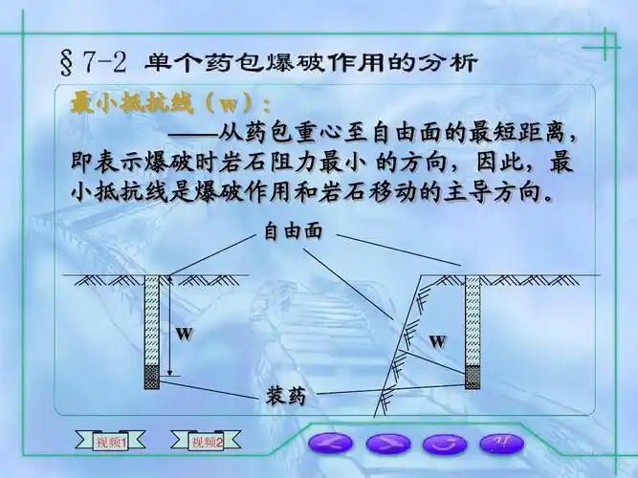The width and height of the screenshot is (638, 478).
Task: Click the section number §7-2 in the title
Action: point(94,63)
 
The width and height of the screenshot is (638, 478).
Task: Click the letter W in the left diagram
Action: point(185,336)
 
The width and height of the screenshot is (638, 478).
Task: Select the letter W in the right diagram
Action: point(436,339)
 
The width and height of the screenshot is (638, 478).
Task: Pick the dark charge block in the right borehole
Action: point(473,376)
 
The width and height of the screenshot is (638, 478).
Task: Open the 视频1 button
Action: point(112,442)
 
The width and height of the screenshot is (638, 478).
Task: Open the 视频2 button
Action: point(206,442)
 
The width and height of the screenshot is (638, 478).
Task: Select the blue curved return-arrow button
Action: point(444,444)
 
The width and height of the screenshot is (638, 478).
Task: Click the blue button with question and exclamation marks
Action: point(501,443)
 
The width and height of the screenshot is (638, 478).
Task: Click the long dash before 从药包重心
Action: point(195,133)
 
